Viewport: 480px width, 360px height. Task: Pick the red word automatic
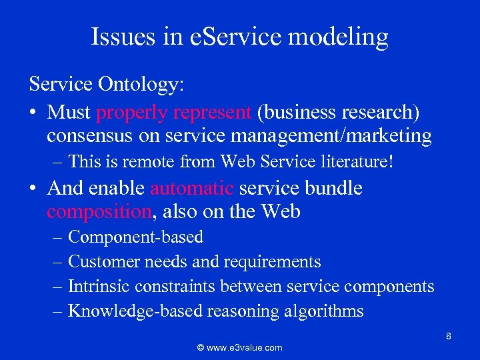click(x=192, y=188)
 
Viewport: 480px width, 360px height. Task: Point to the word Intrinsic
click(x=99, y=286)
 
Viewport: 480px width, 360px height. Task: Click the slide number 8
click(x=449, y=336)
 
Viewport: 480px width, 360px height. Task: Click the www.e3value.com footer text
click(x=240, y=347)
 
